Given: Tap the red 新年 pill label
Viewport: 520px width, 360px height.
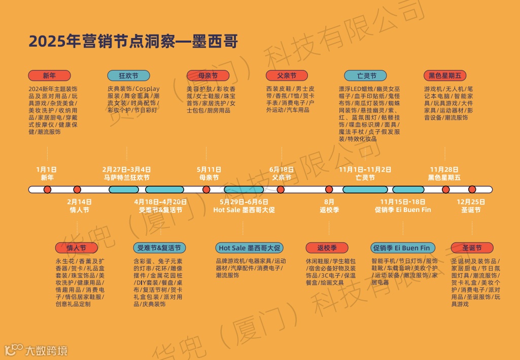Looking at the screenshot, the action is (x=49, y=76).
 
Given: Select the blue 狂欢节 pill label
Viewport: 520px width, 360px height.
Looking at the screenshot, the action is (x=128, y=76).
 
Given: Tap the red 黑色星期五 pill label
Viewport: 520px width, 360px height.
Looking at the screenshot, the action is (x=445, y=76).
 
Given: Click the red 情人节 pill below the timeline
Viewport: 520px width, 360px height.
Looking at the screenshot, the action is (x=77, y=248).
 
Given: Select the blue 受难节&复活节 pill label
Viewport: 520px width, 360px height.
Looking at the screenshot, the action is (x=159, y=248).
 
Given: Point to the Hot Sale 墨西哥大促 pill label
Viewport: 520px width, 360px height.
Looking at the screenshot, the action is (x=249, y=248).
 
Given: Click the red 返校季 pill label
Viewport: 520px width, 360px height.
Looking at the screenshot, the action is (x=327, y=248).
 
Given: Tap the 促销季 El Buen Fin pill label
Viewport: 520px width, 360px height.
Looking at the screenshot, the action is (x=401, y=248).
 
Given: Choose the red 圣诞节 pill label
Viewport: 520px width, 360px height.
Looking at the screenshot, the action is (x=472, y=248).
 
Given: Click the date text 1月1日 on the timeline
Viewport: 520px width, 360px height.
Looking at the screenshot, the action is (x=47, y=169).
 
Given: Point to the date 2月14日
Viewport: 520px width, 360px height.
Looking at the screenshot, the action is (x=79, y=202).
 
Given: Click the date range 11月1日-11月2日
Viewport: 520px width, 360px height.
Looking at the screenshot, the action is (x=365, y=169).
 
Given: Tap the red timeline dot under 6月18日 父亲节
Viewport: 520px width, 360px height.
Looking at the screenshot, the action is (x=281, y=190).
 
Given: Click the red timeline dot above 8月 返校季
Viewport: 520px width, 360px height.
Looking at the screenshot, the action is (x=329, y=190).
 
